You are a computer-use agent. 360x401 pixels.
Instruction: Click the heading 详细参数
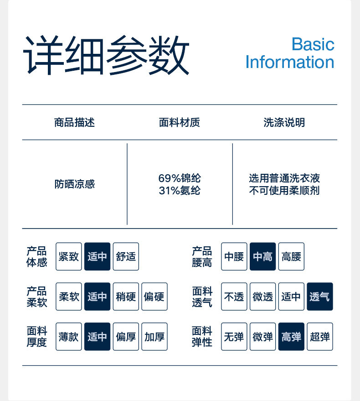click(106, 55)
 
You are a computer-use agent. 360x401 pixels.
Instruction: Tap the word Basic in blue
click(313, 44)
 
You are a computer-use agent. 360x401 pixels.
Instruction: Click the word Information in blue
click(290, 62)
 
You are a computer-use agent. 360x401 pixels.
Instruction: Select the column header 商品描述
click(74, 123)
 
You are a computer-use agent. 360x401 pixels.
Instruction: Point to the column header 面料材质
click(180, 123)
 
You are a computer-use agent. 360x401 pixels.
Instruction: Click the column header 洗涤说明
click(284, 123)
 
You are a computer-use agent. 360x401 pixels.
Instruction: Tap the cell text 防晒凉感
click(75, 184)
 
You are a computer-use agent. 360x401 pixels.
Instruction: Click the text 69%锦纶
click(180, 178)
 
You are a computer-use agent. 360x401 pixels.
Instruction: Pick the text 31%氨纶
click(180, 191)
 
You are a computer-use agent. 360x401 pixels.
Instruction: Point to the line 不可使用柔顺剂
click(284, 191)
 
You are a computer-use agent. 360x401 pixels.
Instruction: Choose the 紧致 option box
click(69, 256)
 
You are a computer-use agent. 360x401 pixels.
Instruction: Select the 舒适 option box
click(126, 256)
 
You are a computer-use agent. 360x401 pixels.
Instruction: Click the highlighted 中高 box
click(262, 256)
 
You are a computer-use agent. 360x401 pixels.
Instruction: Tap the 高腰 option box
click(291, 256)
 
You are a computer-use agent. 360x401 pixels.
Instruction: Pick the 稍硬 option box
click(126, 297)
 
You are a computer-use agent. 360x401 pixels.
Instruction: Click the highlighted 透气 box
click(320, 297)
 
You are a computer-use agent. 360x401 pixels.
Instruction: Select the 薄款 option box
click(69, 337)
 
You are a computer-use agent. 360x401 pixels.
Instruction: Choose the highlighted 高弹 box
click(291, 337)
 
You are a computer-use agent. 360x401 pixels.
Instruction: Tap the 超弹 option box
click(320, 337)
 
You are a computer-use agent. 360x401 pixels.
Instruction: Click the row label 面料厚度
click(37, 337)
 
